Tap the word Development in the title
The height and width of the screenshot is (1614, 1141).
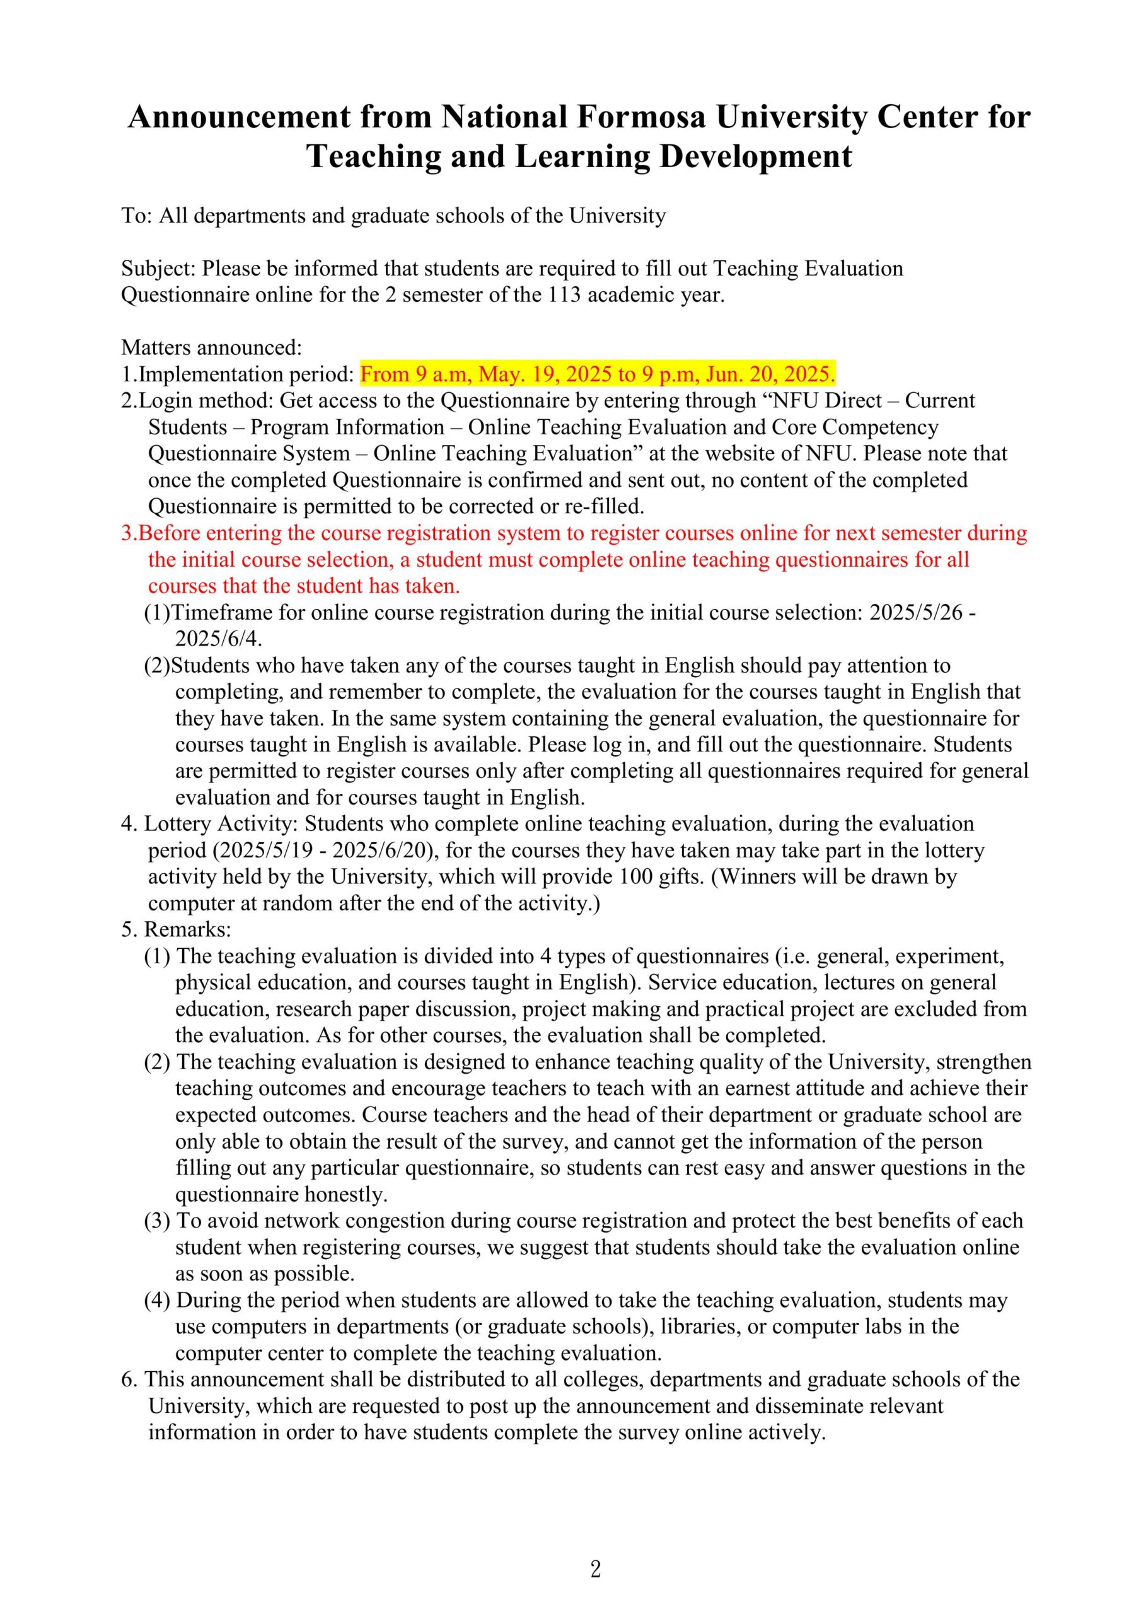point(756,156)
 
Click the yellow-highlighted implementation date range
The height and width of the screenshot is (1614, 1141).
point(598,374)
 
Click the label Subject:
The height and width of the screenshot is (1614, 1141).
point(159,269)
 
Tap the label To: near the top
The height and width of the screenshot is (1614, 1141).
point(137,215)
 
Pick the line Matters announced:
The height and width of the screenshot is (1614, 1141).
point(211,347)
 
